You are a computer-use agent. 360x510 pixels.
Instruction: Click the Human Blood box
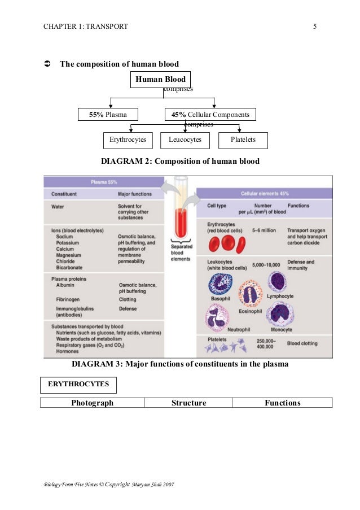click(160, 80)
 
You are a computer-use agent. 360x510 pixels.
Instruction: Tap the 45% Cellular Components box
click(210, 115)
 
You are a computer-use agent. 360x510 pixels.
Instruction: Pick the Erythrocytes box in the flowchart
click(128, 140)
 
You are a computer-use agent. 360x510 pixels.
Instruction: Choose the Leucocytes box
click(185, 140)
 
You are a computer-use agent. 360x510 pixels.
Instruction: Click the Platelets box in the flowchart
click(243, 140)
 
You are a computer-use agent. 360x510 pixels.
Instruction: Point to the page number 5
click(315, 26)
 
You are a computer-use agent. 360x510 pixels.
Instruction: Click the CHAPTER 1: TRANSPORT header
click(85, 26)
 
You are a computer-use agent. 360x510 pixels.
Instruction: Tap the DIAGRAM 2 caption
click(180, 162)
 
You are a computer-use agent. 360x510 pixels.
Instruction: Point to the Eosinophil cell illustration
click(250, 294)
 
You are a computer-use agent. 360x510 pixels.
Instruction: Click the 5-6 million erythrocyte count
click(264, 231)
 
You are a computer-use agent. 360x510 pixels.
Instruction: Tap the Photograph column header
click(92, 403)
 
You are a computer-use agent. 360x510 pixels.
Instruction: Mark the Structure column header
click(188, 403)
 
